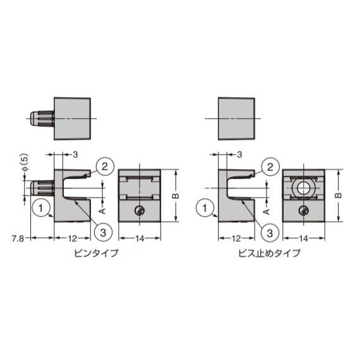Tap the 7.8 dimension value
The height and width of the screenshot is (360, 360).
point(18,239)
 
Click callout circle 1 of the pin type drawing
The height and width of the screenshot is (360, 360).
point(41,207)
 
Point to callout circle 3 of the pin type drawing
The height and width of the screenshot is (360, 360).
point(104,232)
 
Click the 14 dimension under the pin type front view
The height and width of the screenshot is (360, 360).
point(141,239)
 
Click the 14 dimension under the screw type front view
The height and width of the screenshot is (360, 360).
point(304,239)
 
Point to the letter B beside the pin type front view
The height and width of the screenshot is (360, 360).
point(177,195)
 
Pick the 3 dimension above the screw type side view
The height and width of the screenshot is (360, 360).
point(239,155)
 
